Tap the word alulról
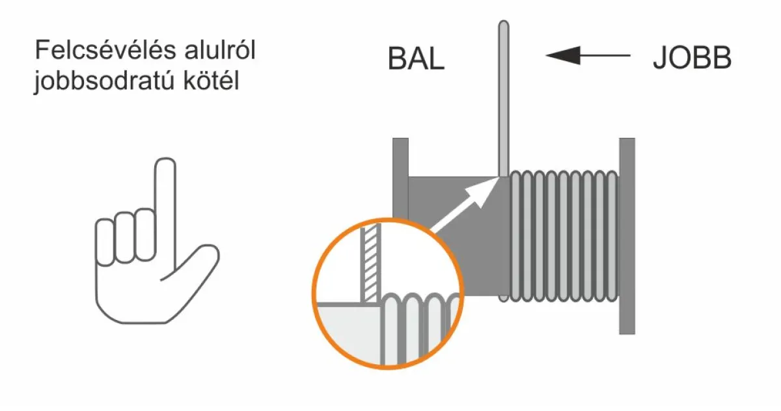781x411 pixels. (x=220, y=50)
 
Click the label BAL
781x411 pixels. (x=416, y=59)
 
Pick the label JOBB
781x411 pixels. (x=692, y=57)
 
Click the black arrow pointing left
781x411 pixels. (x=588, y=55)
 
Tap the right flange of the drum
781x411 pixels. (x=627, y=236)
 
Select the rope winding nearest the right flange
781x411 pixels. (x=612, y=236)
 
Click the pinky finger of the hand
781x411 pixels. (x=105, y=243)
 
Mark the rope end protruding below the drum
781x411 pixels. (x=504, y=298)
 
